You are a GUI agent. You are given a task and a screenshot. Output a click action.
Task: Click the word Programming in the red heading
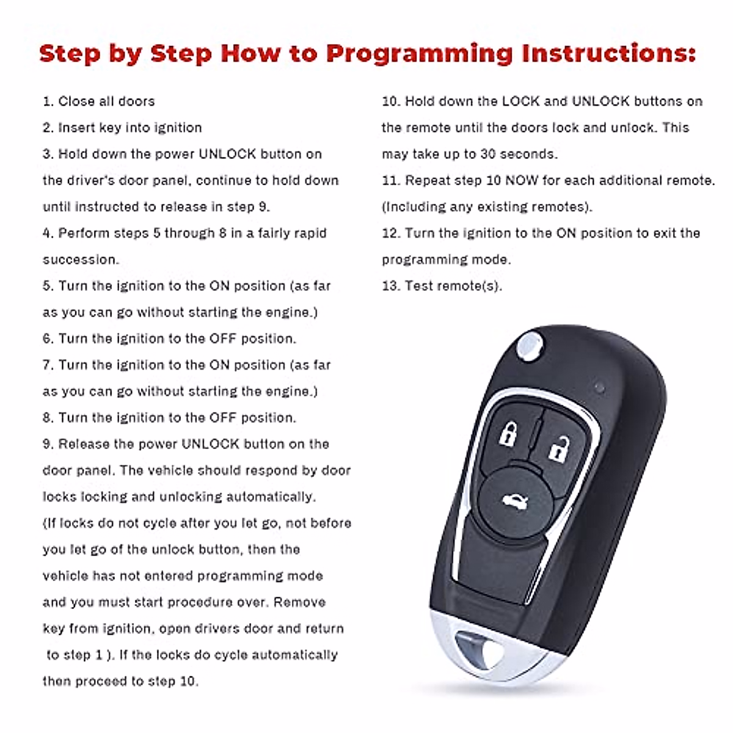click(x=419, y=54)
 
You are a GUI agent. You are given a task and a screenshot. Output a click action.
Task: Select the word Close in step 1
click(x=76, y=101)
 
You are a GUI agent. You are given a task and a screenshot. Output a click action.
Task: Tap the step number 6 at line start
click(x=47, y=339)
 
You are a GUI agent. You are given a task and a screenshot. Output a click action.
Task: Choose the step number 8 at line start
click(x=47, y=418)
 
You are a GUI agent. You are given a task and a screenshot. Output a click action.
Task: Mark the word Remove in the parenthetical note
click(x=299, y=602)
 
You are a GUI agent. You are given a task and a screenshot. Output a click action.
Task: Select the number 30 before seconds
click(x=488, y=154)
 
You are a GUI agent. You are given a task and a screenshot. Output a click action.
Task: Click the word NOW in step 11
click(x=523, y=181)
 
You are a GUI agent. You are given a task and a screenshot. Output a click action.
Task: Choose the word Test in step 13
click(x=419, y=286)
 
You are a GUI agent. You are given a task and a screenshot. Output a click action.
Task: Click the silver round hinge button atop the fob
click(x=528, y=345)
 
